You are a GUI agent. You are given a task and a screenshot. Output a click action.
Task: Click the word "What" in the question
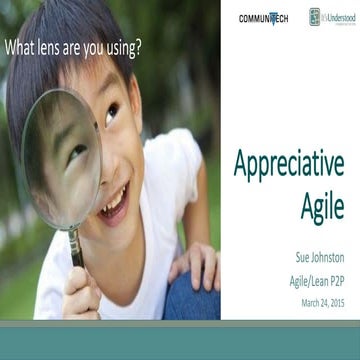[25, 46]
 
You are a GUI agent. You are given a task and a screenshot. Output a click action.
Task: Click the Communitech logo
[263, 18]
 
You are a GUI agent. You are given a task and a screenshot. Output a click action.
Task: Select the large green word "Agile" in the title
[319, 204]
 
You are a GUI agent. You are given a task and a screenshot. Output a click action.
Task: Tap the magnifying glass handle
[75, 246]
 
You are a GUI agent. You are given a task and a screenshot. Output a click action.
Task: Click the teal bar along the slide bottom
[180, 334]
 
